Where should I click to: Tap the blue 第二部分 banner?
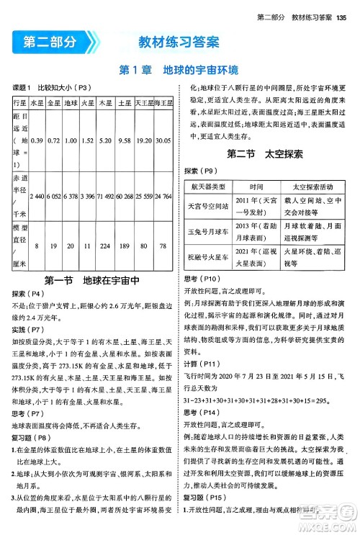(49, 42)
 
